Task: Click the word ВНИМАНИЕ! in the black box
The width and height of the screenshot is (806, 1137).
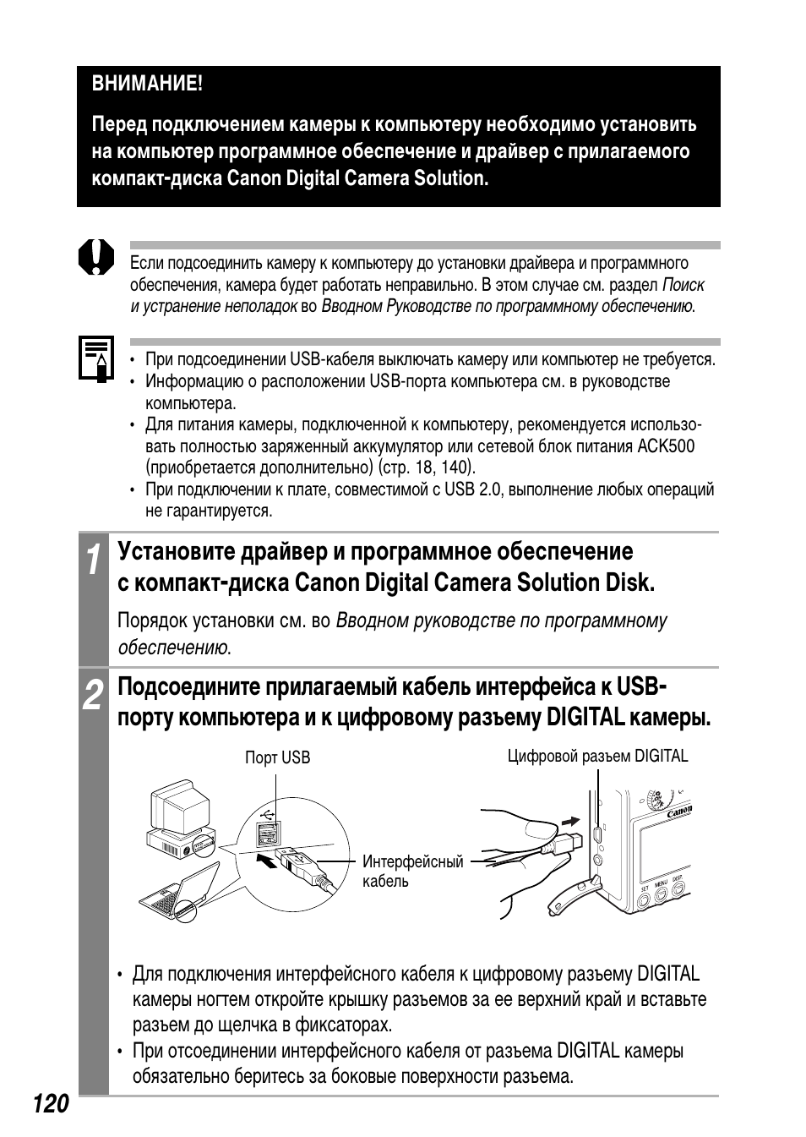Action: click(x=147, y=85)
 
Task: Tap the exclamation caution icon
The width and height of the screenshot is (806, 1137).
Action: click(x=95, y=256)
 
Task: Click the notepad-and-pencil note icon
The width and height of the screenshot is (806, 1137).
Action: click(x=95, y=359)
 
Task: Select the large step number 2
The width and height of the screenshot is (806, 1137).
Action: click(x=94, y=695)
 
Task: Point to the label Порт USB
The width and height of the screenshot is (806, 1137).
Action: click(x=277, y=757)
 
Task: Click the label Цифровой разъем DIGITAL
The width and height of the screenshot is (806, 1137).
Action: click(x=597, y=756)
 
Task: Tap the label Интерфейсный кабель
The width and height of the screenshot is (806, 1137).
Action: click(x=412, y=872)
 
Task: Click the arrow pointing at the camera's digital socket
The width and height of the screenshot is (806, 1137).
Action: click(x=572, y=821)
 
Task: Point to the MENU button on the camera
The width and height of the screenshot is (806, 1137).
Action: click(x=660, y=890)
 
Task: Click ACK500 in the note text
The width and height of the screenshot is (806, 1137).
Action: click(x=667, y=446)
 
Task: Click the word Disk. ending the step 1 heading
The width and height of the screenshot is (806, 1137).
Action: click(x=629, y=582)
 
